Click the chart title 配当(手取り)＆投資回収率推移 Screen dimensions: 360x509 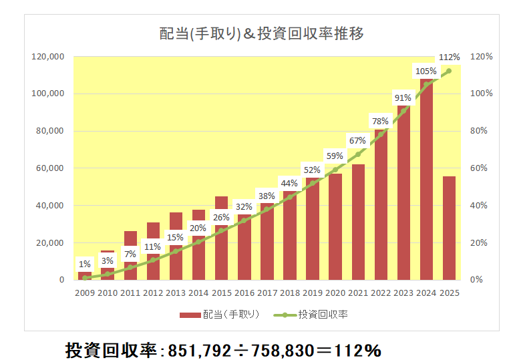click(261, 33)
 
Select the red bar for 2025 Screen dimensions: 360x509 click(449, 228)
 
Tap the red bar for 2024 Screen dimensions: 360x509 click(426, 180)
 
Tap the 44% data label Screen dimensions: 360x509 click(289, 184)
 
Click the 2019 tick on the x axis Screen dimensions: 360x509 click(312, 293)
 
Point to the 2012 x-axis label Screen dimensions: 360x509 click(153, 293)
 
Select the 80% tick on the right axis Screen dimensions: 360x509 click(481, 131)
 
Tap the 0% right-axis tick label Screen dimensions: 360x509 click(477, 280)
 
